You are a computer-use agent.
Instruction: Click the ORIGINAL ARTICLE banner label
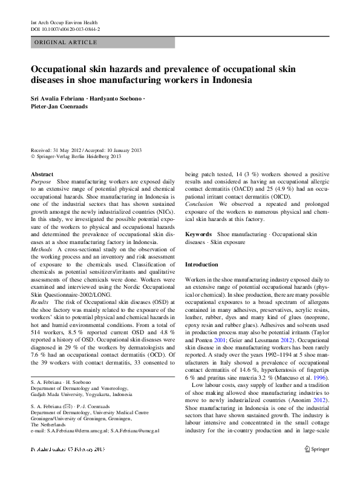[66, 42]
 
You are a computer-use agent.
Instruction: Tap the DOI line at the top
[65, 29]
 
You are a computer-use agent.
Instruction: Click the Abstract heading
[42, 174]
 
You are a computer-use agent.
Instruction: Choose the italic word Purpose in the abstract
[41, 182]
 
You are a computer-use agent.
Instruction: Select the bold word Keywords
[198, 234]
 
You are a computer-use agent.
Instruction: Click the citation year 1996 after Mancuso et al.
[320, 377]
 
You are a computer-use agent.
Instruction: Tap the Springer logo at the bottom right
[318, 465]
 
